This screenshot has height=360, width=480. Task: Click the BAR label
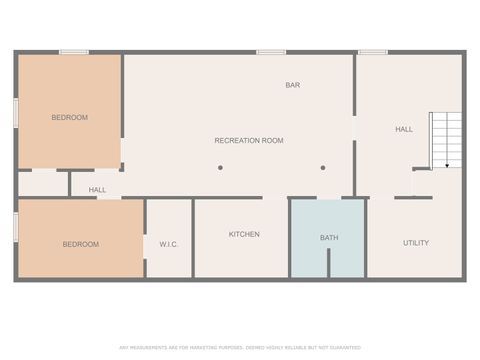click(292, 86)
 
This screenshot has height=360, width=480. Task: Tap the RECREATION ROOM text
click(249, 141)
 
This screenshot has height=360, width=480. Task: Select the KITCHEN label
click(244, 235)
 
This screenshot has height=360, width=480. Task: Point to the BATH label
click(329, 238)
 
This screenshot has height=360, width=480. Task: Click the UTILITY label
click(416, 243)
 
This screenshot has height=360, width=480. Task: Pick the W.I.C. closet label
click(168, 244)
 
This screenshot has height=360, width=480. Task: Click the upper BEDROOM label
click(69, 118)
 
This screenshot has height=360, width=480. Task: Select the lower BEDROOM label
click(80, 244)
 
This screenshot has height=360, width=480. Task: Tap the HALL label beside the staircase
click(404, 130)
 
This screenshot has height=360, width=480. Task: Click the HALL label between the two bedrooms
click(97, 190)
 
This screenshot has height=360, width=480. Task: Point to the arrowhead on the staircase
click(447, 165)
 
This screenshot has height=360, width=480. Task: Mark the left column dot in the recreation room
click(220, 168)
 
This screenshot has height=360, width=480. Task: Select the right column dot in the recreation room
click(323, 168)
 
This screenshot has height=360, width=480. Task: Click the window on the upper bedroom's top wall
click(74, 52)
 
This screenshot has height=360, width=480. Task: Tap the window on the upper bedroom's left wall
click(16, 112)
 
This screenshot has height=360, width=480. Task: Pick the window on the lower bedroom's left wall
click(16, 227)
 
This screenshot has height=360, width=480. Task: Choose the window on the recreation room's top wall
click(271, 52)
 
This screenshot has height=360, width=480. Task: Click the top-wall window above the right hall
click(373, 52)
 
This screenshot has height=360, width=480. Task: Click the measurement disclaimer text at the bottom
click(240, 347)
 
